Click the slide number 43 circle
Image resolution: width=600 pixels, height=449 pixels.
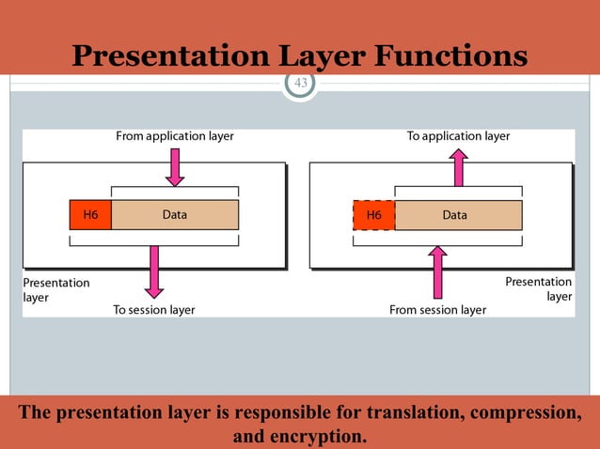coord(300,84)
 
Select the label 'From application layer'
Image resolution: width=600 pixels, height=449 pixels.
coord(174,136)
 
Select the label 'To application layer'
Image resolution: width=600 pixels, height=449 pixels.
coord(458,136)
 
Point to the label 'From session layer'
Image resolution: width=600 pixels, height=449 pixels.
coord(438,309)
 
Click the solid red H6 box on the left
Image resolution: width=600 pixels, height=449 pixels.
coord(90,215)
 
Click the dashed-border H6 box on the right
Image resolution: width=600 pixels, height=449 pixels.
coord(374,215)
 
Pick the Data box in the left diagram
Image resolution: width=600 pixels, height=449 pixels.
coord(175,215)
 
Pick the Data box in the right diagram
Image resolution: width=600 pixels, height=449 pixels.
coord(457,215)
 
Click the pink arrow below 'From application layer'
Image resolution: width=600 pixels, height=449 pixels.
coord(175,167)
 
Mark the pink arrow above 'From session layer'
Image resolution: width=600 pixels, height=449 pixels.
coord(437,271)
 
